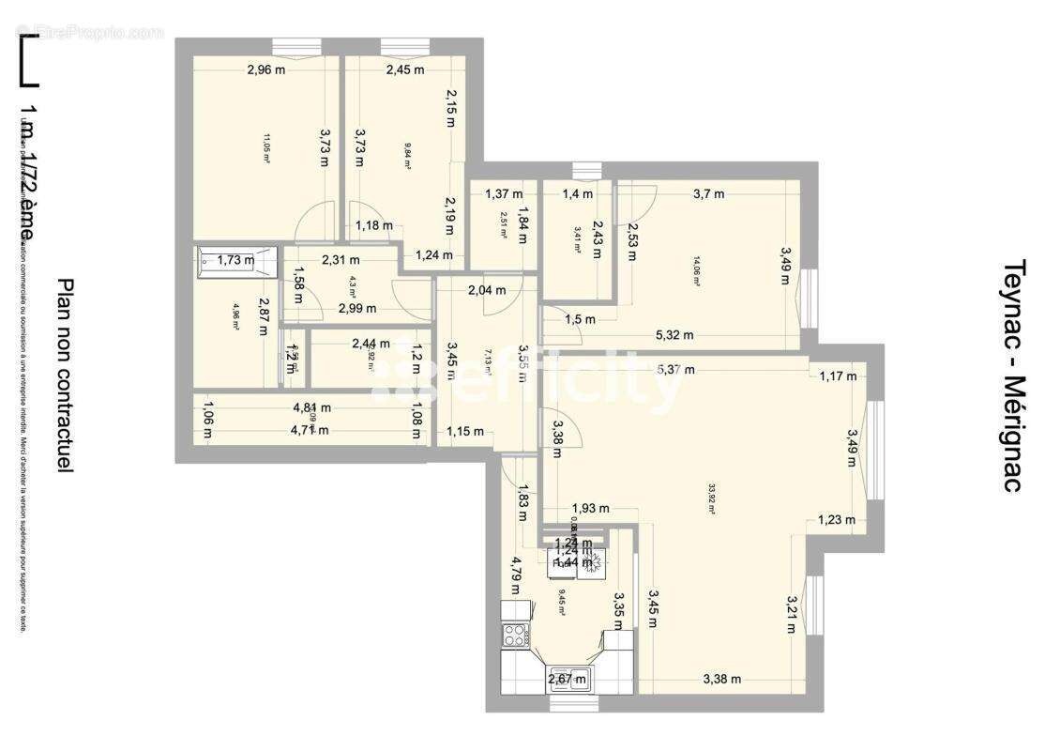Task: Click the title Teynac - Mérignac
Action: click(x=1012, y=375)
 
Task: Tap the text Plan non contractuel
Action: click(x=65, y=375)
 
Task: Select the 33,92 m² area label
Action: click(x=712, y=493)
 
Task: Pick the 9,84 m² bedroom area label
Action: click(x=408, y=156)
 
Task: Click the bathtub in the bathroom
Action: click(x=237, y=260)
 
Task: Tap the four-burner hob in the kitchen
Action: click(x=515, y=636)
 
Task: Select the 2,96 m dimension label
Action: click(x=266, y=69)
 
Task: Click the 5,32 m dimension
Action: click(x=674, y=335)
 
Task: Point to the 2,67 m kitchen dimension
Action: click(x=567, y=679)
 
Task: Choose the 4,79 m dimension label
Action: click(x=515, y=575)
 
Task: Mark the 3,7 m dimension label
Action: click(x=708, y=194)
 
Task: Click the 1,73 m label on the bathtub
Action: click(x=235, y=260)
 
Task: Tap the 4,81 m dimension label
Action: click(x=312, y=408)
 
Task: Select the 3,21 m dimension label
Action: click(x=793, y=614)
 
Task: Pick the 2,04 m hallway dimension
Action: click(x=487, y=290)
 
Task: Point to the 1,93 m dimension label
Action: click(x=591, y=509)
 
